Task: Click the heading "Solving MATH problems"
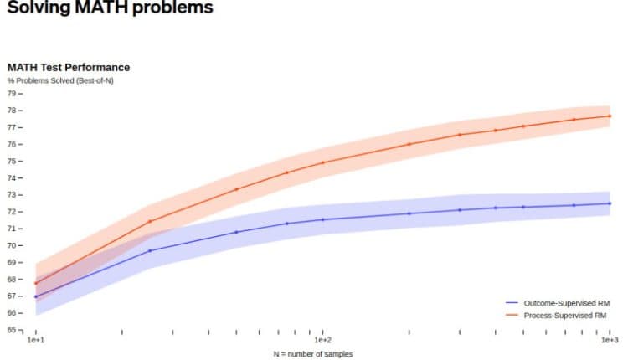[109, 8]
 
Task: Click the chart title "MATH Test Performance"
[69, 67]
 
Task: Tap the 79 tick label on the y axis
[12, 94]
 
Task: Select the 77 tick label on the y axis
[12, 127]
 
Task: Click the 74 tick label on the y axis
[12, 178]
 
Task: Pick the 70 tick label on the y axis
[12, 245]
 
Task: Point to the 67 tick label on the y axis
[12, 296]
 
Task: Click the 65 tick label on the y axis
[12, 329]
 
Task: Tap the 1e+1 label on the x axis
[35, 341]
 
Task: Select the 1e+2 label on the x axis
[322, 341]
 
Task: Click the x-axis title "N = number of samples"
[313, 354]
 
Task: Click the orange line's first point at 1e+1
[35, 283]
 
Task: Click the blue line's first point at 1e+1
[35, 297]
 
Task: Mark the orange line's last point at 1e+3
[610, 116]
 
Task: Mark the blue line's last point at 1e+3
[610, 203]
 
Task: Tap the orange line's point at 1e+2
[322, 162]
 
